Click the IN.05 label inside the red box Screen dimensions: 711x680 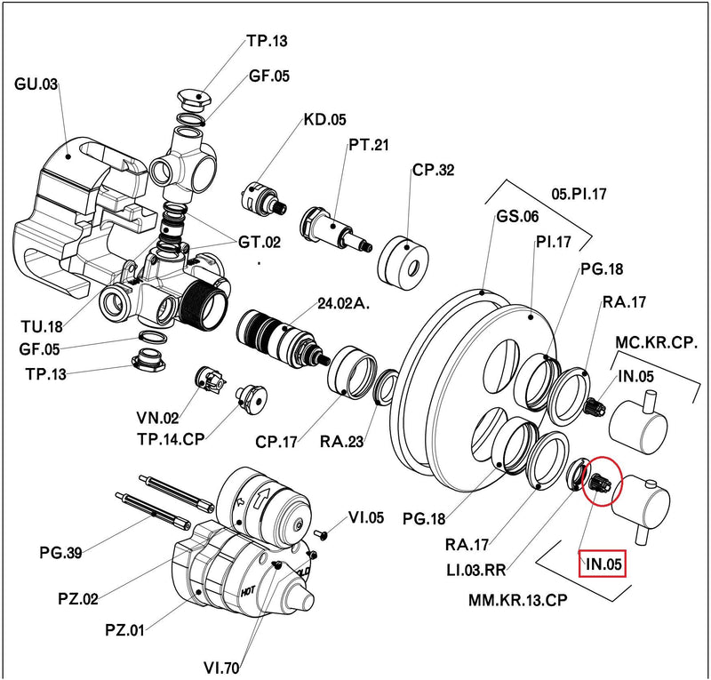[603, 564]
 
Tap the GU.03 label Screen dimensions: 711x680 [36, 84]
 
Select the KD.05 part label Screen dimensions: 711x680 [324, 120]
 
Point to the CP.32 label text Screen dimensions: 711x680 [433, 170]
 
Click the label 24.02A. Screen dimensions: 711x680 [343, 303]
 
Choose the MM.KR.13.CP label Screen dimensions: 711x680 [518, 600]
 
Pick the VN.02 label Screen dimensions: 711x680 [157, 418]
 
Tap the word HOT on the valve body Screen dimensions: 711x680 [248, 591]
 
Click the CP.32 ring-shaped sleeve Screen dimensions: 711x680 [403, 262]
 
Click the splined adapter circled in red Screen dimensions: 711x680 [601, 482]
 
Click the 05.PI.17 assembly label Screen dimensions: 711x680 [579, 194]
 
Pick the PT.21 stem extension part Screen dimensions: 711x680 [337, 229]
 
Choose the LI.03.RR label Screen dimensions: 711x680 [475, 570]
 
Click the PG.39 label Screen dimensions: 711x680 [61, 553]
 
